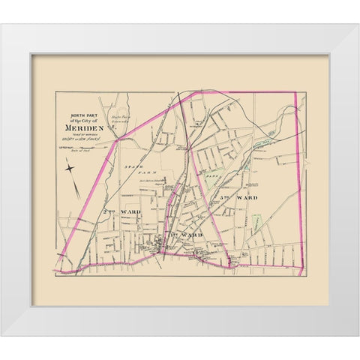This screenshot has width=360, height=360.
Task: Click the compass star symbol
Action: [70, 168]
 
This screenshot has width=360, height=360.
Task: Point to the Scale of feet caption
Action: [81, 150]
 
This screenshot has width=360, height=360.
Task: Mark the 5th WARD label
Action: [238, 197]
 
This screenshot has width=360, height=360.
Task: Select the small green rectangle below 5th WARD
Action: [257, 222]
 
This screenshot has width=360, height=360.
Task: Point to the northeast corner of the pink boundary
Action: [295, 94]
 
